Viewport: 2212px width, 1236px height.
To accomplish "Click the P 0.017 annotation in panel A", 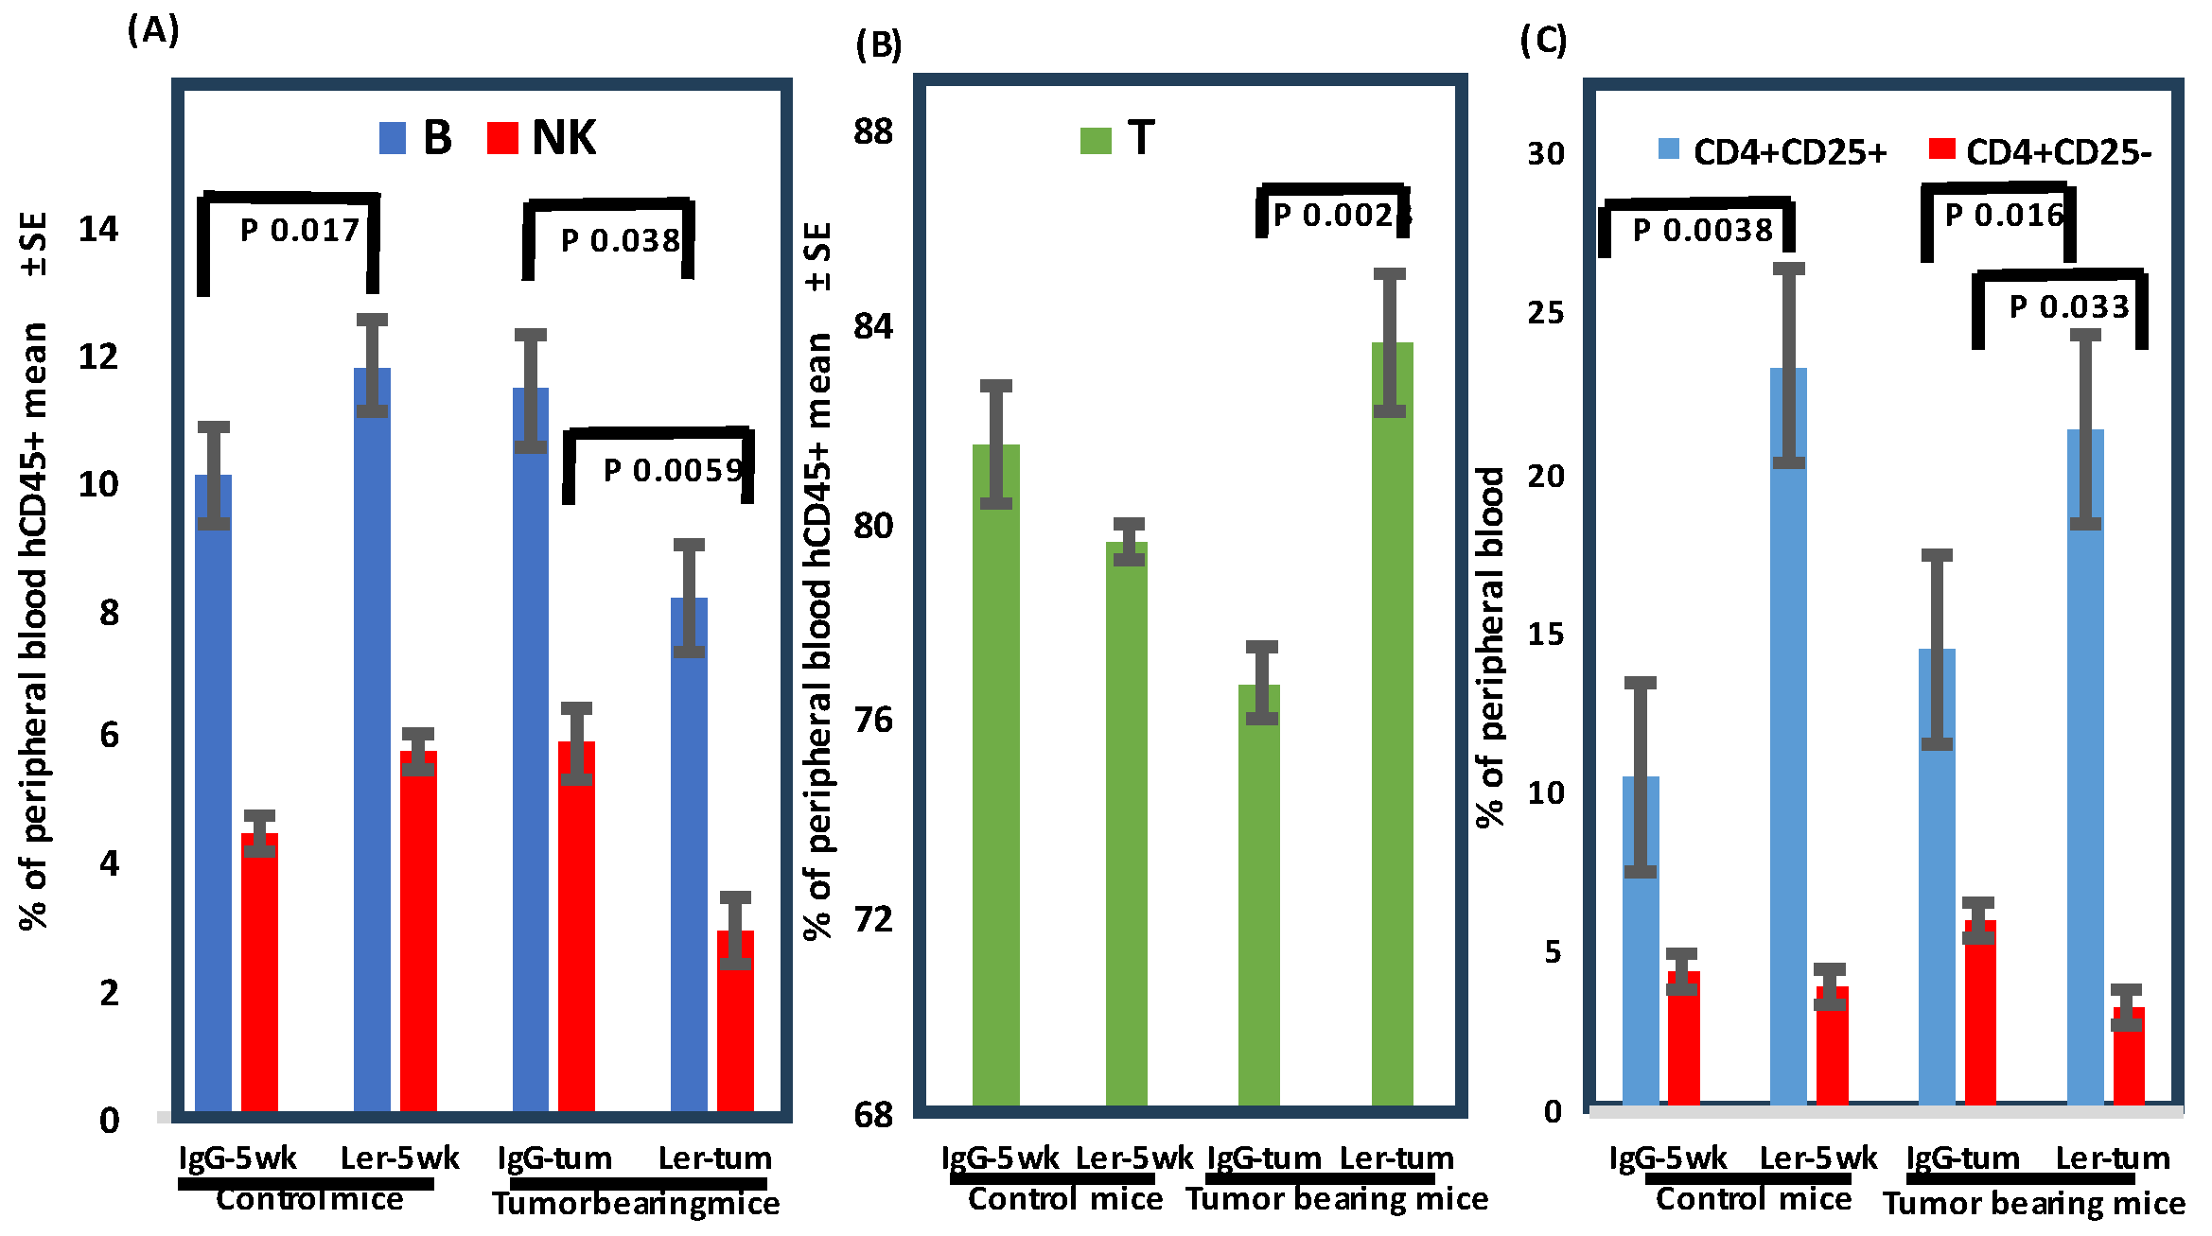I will click(299, 230).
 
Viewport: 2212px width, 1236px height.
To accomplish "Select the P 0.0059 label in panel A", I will click(673, 470).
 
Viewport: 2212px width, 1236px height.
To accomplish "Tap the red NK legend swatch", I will click(502, 138).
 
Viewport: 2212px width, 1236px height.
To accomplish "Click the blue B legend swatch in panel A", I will click(393, 138).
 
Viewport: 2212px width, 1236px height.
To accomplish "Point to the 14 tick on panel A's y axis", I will click(98, 229).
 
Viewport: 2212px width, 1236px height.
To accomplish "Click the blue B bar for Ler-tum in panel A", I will click(689, 851).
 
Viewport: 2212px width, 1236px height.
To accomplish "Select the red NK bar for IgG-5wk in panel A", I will click(259, 974).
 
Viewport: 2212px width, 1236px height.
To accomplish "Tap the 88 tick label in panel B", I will click(872, 131).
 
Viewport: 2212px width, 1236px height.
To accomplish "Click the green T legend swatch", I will click(1096, 141).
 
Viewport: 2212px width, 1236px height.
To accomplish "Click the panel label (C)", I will click(1543, 41).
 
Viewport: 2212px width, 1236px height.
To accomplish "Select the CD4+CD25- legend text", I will click(2059, 152).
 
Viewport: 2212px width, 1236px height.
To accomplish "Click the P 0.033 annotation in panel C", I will click(2068, 306).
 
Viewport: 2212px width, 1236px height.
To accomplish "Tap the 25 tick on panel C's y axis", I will click(1545, 313).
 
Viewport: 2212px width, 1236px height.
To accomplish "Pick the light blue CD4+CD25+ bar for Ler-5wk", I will click(1788, 738).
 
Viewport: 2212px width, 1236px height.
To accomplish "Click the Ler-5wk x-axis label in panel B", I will click(1134, 1158).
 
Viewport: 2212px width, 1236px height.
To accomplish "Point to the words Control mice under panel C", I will click(1753, 1199).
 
